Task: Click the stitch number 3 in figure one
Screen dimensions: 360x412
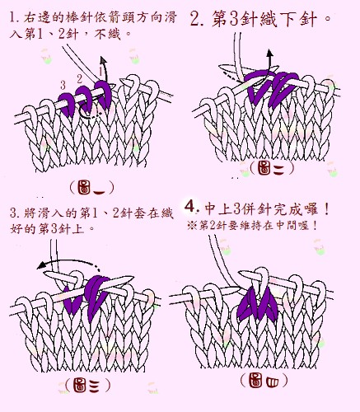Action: [63, 86]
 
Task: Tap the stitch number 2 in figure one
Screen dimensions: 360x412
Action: [80, 79]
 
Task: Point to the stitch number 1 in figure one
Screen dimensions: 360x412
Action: [101, 71]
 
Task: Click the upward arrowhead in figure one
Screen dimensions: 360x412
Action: [103, 60]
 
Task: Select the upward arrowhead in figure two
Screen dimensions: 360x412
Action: [270, 53]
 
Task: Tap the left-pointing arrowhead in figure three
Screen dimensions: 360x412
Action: [41, 265]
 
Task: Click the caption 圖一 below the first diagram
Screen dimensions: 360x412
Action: [91, 188]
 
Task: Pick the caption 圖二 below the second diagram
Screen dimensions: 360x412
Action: [272, 168]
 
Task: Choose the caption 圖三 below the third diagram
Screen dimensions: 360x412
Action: [88, 385]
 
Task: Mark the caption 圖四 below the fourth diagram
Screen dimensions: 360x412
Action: [264, 381]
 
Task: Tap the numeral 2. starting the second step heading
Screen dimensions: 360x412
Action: [197, 20]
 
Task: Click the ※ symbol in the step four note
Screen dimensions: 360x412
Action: [192, 226]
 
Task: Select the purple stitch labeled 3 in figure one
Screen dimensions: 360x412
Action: [68, 104]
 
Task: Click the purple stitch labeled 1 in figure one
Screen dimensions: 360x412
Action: [103, 94]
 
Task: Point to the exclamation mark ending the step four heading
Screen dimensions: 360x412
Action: [326, 210]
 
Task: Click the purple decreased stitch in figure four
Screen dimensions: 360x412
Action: [258, 304]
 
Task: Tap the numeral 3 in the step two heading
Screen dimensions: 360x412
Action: [234, 20]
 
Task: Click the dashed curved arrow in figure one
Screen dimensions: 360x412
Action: [89, 112]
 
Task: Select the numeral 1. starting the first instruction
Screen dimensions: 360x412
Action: [14, 17]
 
